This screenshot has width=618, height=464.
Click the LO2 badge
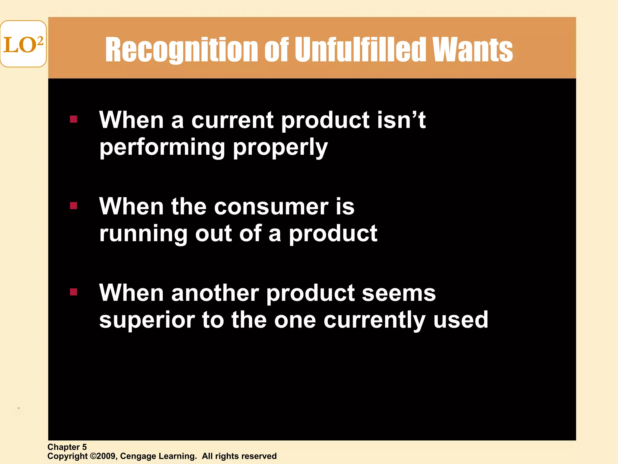(23, 44)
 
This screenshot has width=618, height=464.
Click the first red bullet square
(74, 119)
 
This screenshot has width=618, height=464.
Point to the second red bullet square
(74, 206)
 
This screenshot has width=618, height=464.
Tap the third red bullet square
(74, 292)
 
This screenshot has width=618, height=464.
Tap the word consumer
(271, 207)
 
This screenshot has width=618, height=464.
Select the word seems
(399, 293)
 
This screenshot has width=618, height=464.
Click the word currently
(374, 320)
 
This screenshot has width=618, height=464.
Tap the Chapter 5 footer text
(67, 447)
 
